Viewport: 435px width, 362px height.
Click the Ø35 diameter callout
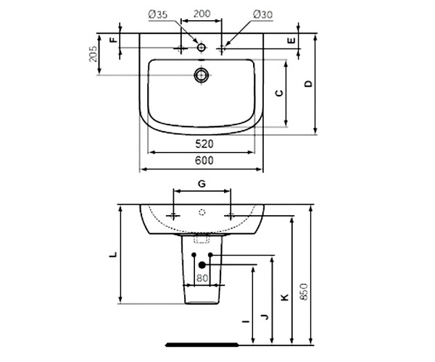click(158, 14)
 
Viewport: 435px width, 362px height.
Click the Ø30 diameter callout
click(262, 14)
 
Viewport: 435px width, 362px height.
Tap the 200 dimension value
click(202, 14)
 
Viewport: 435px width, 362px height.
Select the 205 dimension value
click(93, 54)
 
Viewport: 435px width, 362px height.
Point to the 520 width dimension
click(204, 144)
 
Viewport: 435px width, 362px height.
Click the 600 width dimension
click(204, 160)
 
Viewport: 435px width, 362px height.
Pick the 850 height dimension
click(304, 292)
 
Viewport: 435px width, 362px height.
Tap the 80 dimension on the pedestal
click(202, 278)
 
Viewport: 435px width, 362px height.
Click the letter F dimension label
click(114, 40)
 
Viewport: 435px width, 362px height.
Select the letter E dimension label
click(291, 41)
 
